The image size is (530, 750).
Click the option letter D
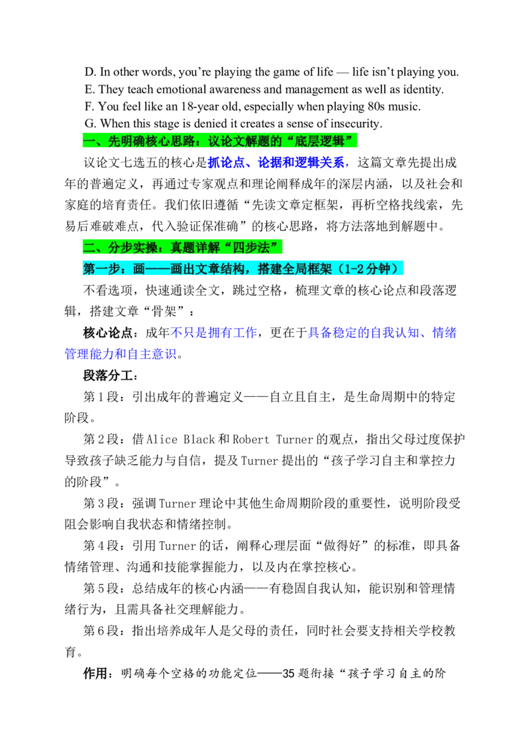click(x=89, y=72)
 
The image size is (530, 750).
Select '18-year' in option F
click(x=199, y=107)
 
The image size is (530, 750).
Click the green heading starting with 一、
click(x=220, y=141)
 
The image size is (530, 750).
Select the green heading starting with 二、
click(x=182, y=247)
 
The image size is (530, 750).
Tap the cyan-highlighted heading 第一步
click(x=242, y=268)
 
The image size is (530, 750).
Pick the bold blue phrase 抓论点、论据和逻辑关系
click(x=276, y=162)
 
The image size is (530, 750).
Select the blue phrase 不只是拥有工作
click(x=214, y=333)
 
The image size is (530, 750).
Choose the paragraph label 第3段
click(x=101, y=503)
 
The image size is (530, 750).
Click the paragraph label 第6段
click(x=101, y=631)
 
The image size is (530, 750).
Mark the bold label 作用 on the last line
click(x=95, y=673)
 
